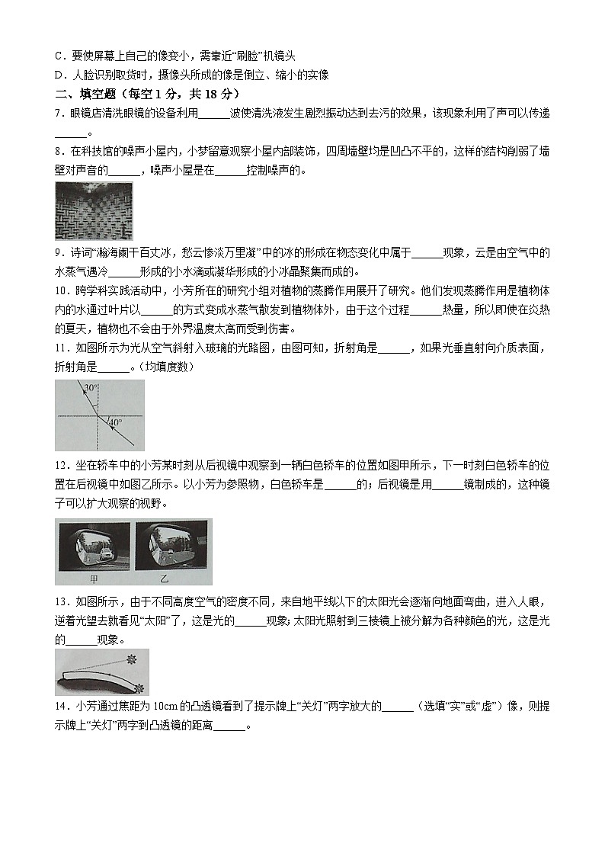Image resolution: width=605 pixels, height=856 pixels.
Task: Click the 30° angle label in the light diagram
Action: (90, 388)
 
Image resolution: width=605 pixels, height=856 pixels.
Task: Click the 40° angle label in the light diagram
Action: (114, 422)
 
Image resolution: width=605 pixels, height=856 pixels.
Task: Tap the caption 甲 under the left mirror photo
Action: (92, 578)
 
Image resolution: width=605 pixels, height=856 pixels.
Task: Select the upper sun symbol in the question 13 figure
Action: (132, 657)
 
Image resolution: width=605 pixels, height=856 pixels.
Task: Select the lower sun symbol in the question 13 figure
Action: (137, 688)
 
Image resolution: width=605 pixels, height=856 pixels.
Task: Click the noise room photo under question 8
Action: (94, 211)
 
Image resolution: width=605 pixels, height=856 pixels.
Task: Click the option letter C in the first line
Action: (59, 56)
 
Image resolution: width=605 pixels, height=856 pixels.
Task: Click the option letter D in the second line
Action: (59, 75)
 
